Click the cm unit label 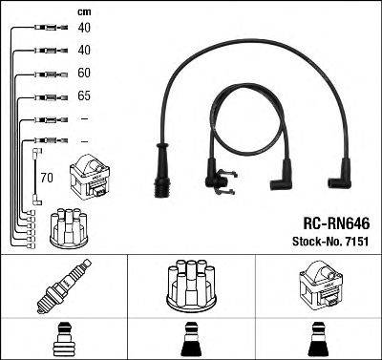pos(58,11)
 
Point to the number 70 pos(47,177)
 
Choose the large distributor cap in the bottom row pos(191,284)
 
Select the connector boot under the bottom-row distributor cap pos(191,339)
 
